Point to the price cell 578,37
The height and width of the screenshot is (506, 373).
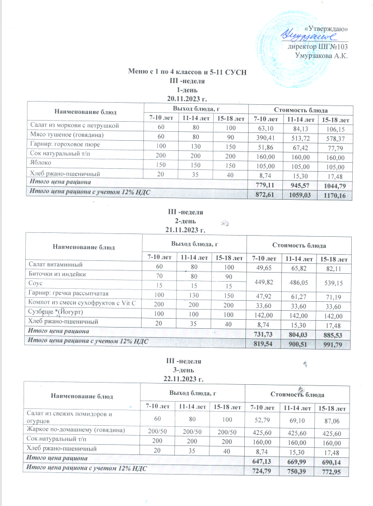tap(334, 136)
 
